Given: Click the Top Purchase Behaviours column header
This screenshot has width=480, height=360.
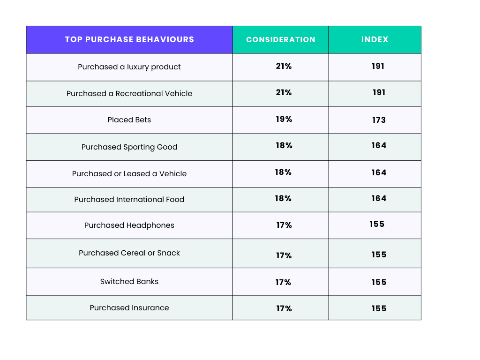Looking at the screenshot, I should point(129,39).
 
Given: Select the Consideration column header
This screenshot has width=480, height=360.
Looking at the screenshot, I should point(281,40).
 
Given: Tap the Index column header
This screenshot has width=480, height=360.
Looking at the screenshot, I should point(375,39).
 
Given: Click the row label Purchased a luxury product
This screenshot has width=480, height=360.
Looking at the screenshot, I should point(129,67).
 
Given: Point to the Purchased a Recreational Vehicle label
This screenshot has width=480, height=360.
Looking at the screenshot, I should point(129,93).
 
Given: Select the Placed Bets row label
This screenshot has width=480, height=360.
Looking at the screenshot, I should point(129,120).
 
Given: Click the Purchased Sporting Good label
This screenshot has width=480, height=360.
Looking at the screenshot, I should point(129,147).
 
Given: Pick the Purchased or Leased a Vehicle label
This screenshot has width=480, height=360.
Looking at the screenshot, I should point(129,173).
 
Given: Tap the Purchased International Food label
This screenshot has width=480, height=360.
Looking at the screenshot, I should point(129,199).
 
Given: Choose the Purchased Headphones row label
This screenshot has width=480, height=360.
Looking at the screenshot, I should point(129,225).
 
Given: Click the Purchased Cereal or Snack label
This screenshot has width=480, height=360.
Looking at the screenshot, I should point(129,253).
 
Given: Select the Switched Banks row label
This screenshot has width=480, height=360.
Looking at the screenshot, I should point(129,281).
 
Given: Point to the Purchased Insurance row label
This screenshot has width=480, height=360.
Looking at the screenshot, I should point(129,307).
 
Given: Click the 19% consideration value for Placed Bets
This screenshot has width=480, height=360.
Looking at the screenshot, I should point(284,119).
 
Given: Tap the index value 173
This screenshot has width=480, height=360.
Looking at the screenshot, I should point(379,120).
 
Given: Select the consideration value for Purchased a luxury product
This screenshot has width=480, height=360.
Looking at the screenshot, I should point(284,66).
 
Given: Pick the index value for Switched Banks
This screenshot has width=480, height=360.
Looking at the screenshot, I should point(379,282).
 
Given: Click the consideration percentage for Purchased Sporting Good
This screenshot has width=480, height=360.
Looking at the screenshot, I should point(284,145).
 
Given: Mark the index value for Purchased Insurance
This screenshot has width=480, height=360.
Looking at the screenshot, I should point(379,308).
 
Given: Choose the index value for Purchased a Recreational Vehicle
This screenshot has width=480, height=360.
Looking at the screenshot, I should point(379,92).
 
